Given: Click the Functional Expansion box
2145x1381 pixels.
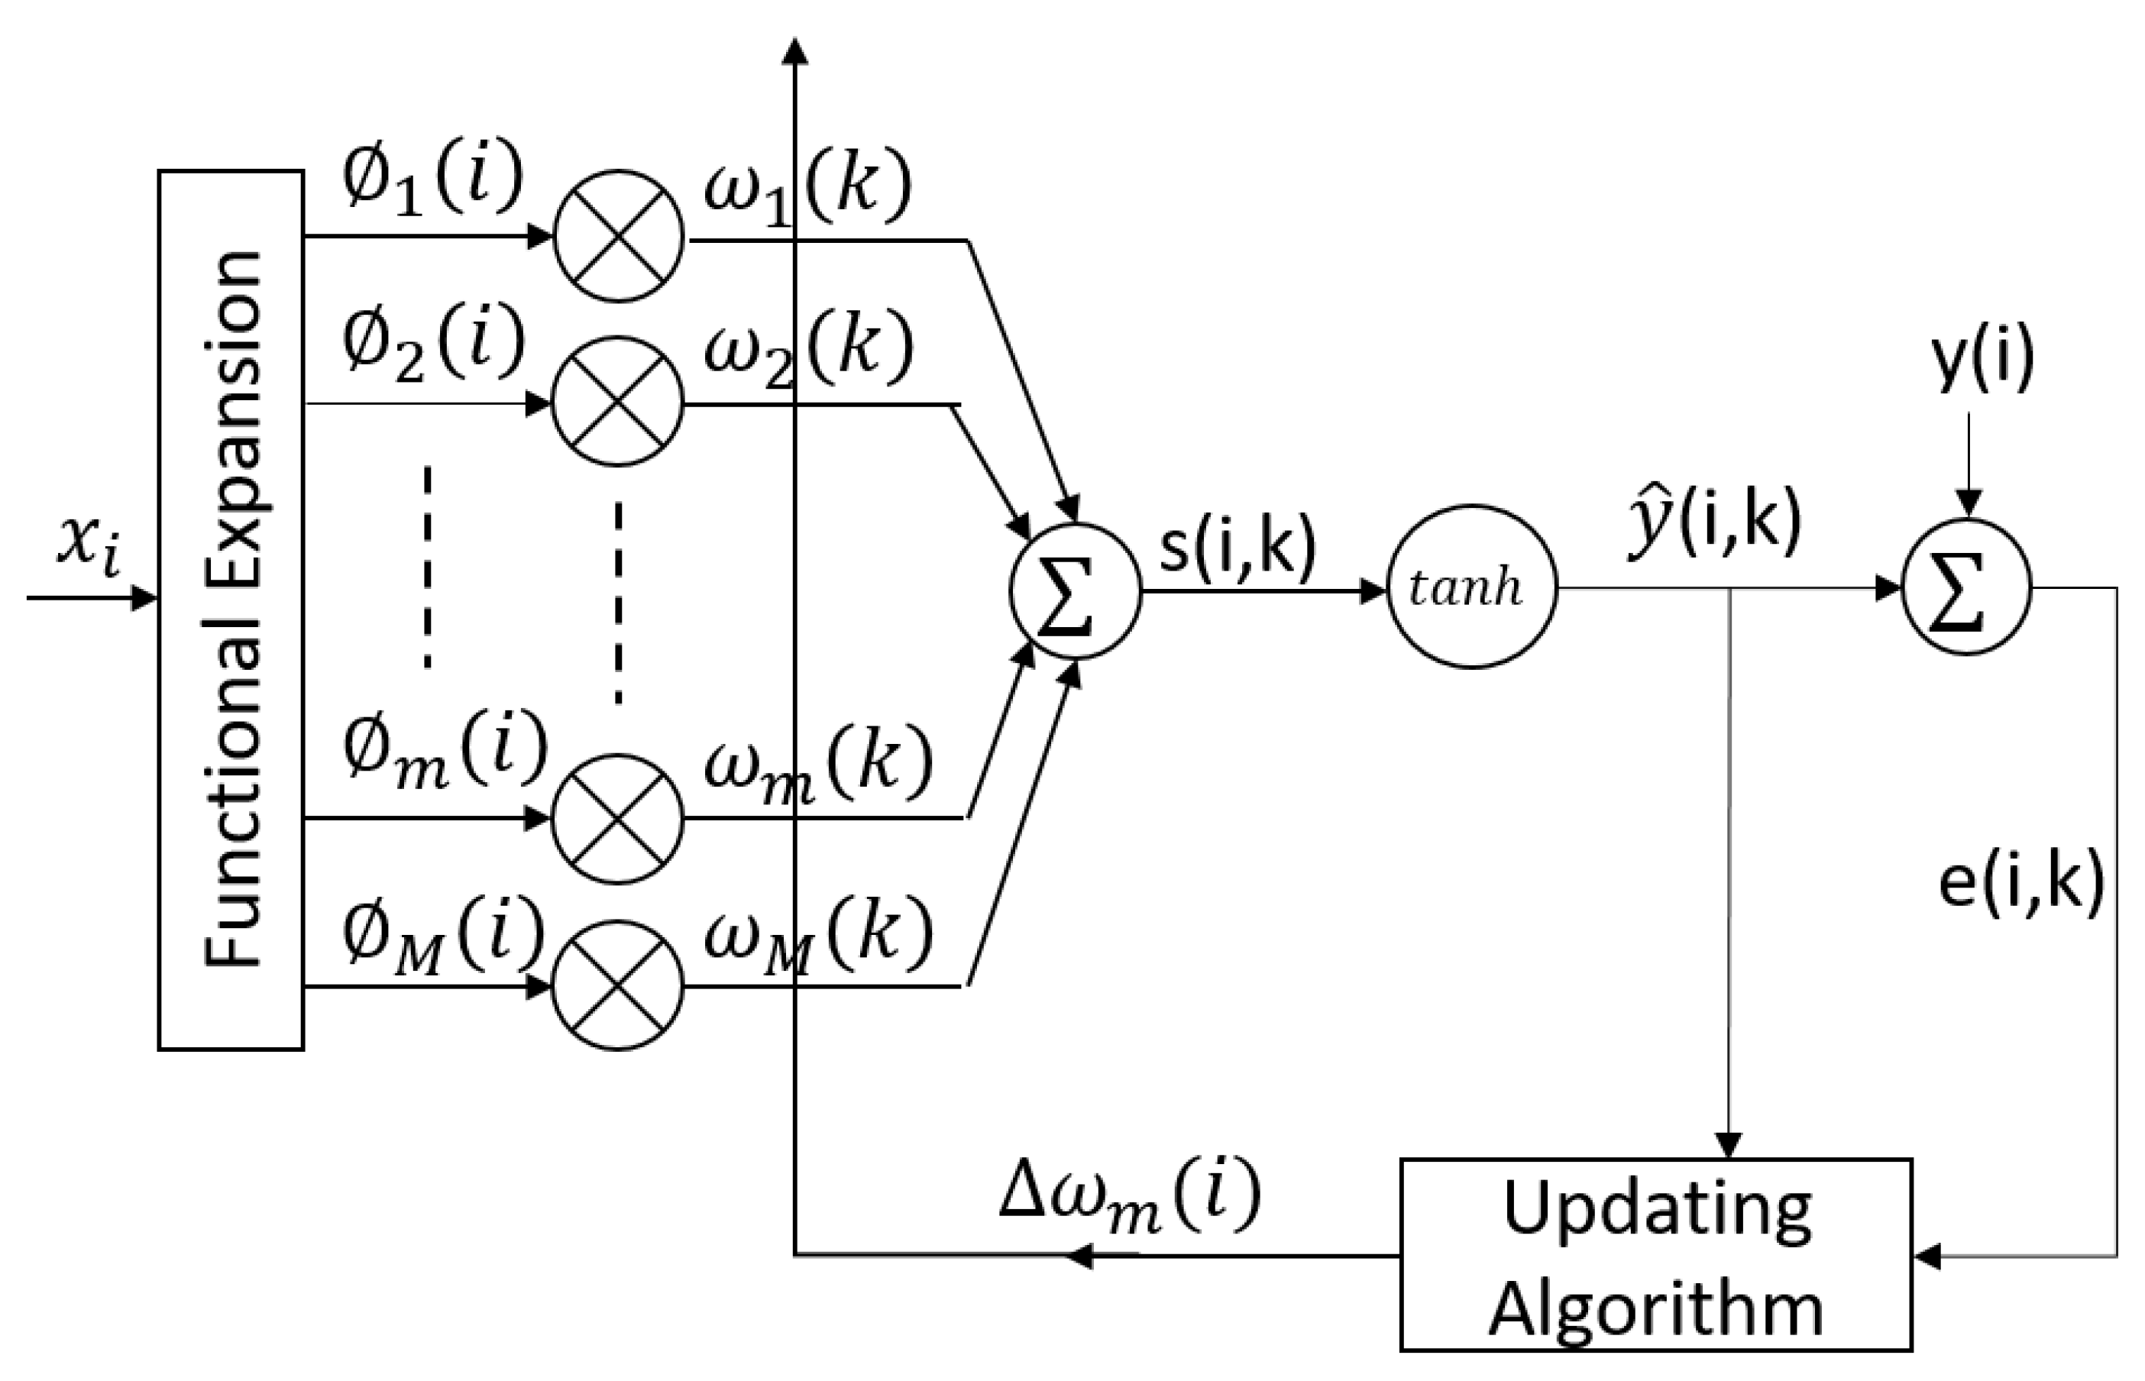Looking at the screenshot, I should (x=231, y=610).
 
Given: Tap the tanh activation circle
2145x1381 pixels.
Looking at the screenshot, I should (x=1471, y=588).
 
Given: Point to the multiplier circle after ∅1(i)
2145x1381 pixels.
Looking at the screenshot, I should (x=618, y=237).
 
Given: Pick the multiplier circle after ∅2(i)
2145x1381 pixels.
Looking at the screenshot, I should (x=618, y=402).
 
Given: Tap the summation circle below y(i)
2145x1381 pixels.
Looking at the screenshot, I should (x=1966, y=588).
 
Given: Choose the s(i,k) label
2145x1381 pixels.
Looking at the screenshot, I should (x=1237, y=547).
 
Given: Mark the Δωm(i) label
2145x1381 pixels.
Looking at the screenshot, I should (x=1130, y=1197).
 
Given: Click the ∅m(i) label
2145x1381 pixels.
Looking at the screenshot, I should (x=444, y=753).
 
